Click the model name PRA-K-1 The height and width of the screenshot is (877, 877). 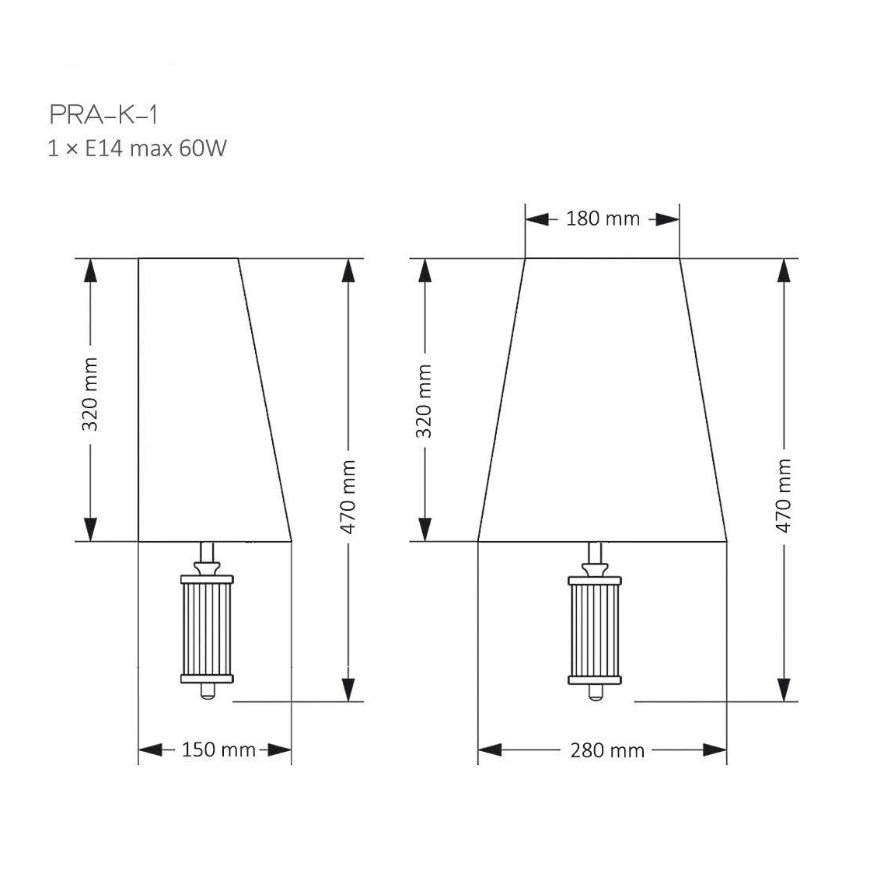click(103, 115)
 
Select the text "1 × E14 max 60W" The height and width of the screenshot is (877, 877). click(137, 148)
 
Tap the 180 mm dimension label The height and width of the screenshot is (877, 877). click(603, 218)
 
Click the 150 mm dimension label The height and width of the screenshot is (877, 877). click(218, 749)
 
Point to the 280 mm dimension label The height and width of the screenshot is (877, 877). click(607, 750)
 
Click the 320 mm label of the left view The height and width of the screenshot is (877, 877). click(90, 394)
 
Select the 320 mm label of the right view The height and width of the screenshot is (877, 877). click(425, 401)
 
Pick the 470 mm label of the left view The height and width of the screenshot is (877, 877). click(348, 497)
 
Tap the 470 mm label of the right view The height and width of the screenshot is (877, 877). click(784, 495)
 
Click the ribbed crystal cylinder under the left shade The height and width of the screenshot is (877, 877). click(207, 629)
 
